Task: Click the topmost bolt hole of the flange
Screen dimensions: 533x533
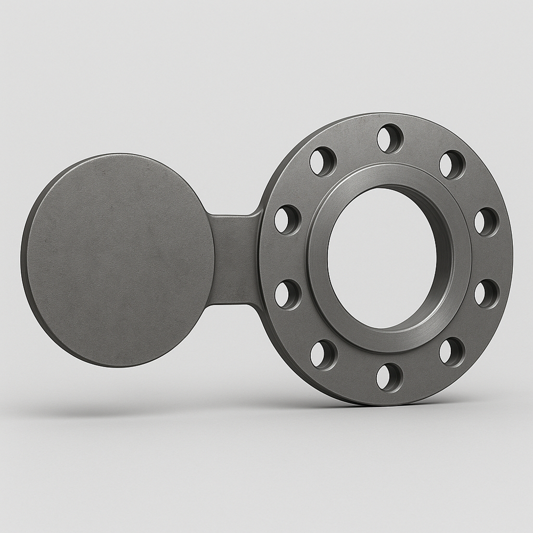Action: [390, 139]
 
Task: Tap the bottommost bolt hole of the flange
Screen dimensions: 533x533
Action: [390, 377]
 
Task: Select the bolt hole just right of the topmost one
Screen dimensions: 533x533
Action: [452, 164]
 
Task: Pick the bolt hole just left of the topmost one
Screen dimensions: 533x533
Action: [323, 161]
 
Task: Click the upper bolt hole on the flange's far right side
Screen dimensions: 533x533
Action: [486, 222]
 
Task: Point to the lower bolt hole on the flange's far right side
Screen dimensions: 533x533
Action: [486, 294]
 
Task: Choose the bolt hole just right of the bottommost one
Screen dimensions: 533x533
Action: [452, 352]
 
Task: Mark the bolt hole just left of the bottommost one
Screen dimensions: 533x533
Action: [324, 354]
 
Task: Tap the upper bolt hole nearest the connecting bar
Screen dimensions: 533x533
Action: [287, 219]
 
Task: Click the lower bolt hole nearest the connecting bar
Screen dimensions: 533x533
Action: [288, 295]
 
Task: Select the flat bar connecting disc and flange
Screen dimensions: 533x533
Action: [235, 260]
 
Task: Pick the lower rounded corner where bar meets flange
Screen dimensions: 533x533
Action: [259, 306]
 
